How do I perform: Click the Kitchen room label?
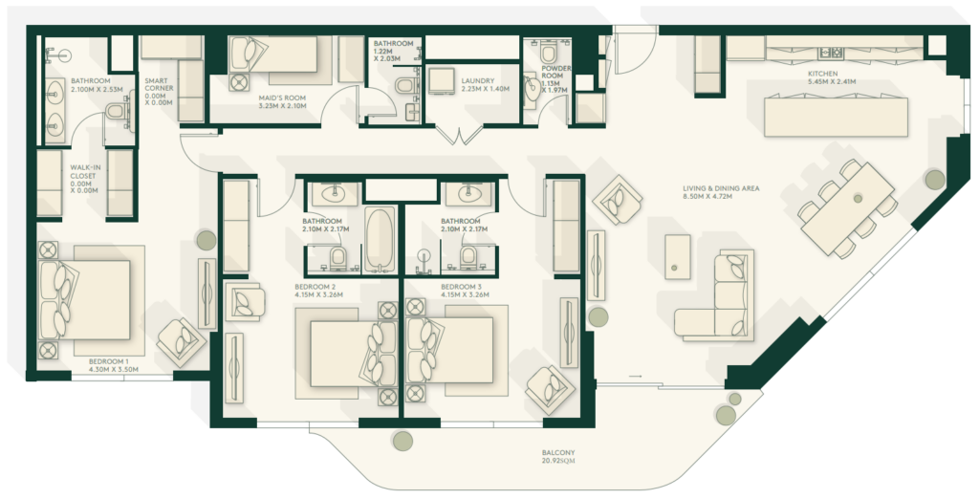823,77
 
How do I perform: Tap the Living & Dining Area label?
721,192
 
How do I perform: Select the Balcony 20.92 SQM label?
558,457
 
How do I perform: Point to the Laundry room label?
478,85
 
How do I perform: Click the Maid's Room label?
282,101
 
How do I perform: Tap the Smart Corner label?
159,92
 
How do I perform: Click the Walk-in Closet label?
83,180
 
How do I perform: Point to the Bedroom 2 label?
318,291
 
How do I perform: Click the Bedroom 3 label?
464,291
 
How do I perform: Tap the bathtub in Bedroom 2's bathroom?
381,239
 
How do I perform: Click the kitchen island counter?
836,116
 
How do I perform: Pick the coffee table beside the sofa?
678,257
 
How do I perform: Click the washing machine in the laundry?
442,80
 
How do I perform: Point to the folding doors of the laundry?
459,136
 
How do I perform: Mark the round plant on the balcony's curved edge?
402,441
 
